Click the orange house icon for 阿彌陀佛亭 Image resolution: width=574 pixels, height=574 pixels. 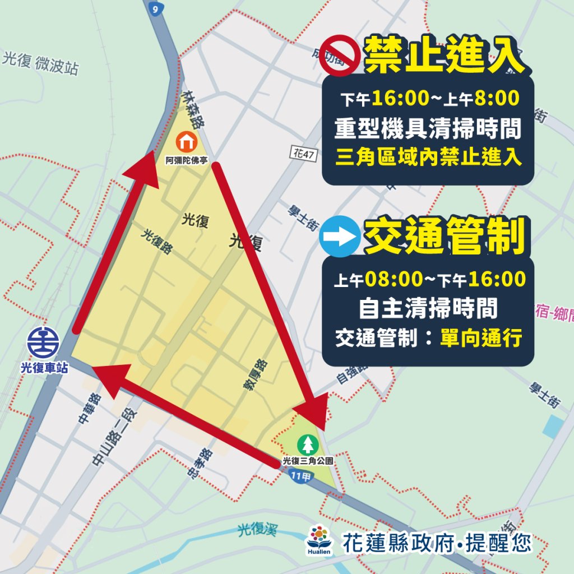click(x=187, y=140)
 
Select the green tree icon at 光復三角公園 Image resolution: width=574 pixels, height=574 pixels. click(x=308, y=445)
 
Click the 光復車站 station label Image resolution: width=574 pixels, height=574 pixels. click(x=44, y=368)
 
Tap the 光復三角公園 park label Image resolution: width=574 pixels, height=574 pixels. click(x=308, y=461)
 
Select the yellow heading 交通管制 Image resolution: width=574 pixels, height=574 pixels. click(x=445, y=237)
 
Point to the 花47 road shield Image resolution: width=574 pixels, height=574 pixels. click(x=303, y=152)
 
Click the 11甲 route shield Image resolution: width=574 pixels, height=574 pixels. click(x=302, y=476)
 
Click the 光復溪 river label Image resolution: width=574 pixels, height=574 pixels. click(x=257, y=529)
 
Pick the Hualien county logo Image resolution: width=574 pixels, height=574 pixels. click(x=320, y=540)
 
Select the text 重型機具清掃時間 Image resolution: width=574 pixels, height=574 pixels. click(x=428, y=129)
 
